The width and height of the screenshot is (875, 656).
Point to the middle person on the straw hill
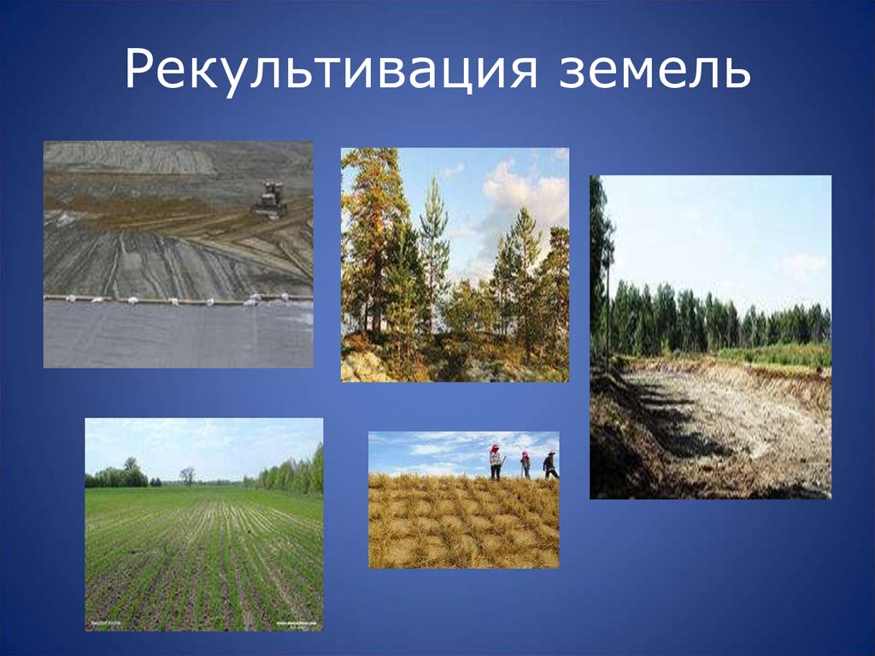[525, 464]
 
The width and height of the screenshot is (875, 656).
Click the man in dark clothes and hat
[549, 464]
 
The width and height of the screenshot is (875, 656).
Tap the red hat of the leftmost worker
[494, 448]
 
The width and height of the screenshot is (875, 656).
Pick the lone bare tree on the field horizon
[187, 475]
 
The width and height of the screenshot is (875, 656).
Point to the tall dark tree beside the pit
[600, 257]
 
